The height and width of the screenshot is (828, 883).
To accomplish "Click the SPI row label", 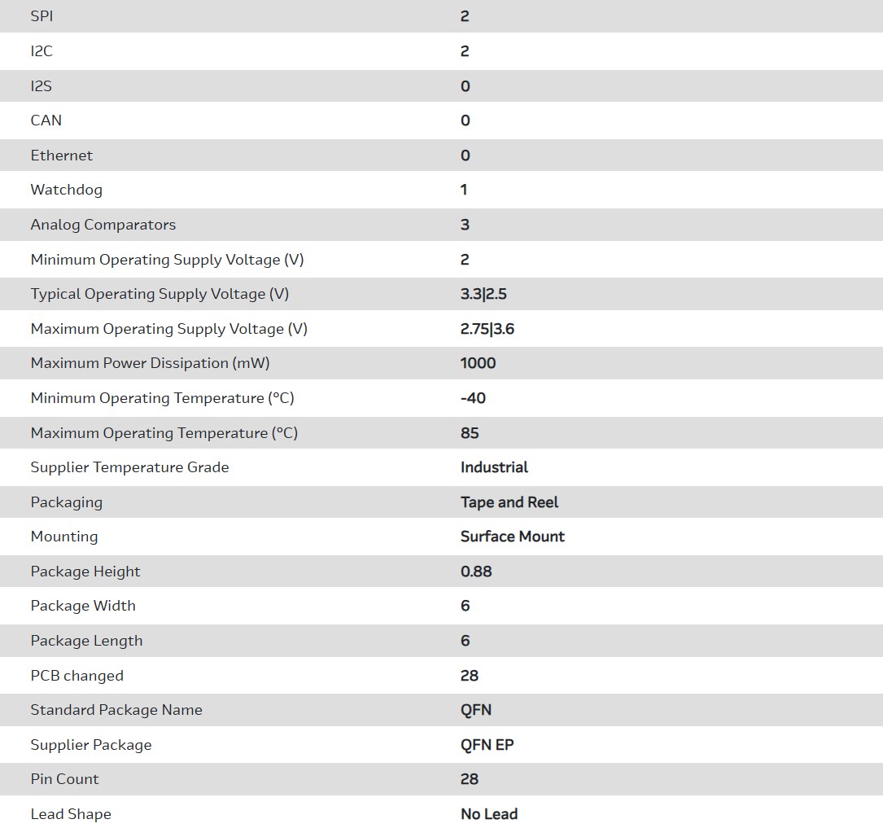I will pos(42,16).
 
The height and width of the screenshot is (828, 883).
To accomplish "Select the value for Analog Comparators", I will pos(465,225).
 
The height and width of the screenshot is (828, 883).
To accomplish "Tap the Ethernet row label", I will pos(61,156).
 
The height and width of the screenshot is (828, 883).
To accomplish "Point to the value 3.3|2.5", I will pos(483,294).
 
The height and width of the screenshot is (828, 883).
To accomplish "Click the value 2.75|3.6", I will pos(487,329).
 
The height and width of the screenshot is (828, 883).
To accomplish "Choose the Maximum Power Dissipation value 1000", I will pos(478,363).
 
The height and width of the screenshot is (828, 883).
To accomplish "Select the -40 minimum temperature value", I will pos(473,398).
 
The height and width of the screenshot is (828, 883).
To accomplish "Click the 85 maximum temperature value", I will pos(470,433).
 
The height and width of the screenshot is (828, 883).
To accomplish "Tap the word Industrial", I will pos(494,467).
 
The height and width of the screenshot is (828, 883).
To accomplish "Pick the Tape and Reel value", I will pos(509,502).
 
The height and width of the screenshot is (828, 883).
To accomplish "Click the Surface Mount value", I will pos(512,537).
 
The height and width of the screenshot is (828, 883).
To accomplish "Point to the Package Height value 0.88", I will pos(476,572).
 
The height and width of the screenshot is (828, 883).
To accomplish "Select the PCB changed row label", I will pos(76,676).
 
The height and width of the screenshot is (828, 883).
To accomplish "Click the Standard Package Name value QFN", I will pos(476,710).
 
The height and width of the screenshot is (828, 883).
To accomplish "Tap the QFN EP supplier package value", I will pos(487,745).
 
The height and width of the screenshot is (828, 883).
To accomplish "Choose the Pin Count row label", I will pos(64,779).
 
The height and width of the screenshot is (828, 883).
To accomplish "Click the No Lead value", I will pos(489,814).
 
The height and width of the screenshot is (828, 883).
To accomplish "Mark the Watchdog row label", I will pos(66,190).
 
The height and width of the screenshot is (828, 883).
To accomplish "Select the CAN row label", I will pos(46,120).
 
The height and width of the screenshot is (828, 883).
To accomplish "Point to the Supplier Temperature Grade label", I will pos(129,467).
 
